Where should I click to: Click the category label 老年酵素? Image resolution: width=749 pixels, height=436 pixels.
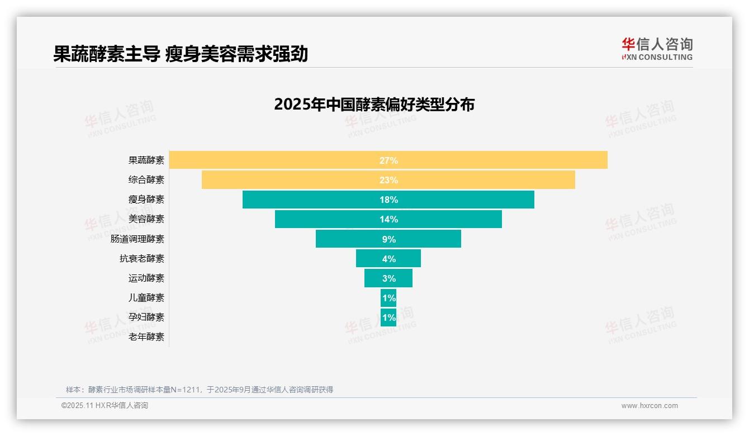pos(146,337)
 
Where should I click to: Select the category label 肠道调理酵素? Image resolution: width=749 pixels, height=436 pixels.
pos(138,239)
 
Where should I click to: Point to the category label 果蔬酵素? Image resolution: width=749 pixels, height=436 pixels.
pos(146,160)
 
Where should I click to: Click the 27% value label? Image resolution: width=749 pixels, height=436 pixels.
pos(388,160)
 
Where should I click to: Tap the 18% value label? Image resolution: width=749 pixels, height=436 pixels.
pos(388,200)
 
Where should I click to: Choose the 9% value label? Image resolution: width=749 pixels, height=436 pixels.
pos(388,239)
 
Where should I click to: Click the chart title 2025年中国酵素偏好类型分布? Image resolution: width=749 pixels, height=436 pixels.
pos(374,105)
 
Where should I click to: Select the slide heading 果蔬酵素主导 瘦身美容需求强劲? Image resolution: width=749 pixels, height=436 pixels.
pos(181,54)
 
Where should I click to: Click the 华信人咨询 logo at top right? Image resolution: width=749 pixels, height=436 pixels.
pos(657,49)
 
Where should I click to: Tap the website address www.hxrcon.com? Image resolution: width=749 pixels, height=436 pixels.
pos(650,406)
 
